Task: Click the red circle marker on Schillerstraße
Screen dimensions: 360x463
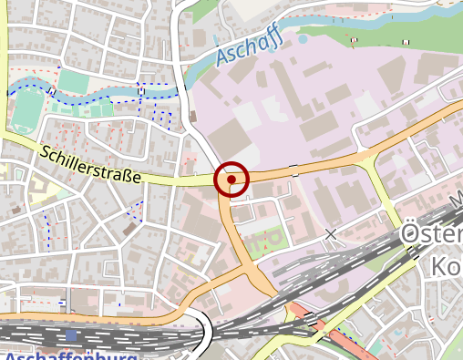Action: click(x=231, y=179)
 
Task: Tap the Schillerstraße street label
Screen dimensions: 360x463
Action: click(x=90, y=164)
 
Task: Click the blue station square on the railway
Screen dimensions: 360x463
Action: click(x=71, y=335)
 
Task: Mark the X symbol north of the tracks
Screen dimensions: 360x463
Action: click(x=331, y=235)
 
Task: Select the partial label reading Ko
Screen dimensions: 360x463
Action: click(x=443, y=266)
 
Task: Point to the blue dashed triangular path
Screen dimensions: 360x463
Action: click(x=136, y=211)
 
